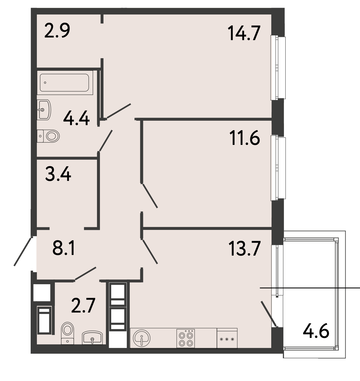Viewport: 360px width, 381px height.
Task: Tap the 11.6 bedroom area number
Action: (244, 138)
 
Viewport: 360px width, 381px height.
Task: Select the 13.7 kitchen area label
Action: (244, 248)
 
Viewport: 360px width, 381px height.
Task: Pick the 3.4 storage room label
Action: (58, 174)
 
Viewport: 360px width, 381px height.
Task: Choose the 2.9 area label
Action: (57, 30)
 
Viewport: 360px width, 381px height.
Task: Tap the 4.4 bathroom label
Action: (76, 118)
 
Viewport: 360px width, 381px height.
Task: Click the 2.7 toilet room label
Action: (83, 306)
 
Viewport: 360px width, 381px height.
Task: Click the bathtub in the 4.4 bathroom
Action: (65, 83)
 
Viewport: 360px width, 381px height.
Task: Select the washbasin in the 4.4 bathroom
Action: (44, 110)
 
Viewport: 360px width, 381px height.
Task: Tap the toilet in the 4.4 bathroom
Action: (48, 136)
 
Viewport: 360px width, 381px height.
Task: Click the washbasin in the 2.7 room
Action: (92, 338)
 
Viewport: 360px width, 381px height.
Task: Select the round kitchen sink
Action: (142, 338)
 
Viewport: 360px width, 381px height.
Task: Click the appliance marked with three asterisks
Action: (227, 338)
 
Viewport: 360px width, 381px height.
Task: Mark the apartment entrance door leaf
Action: (22, 251)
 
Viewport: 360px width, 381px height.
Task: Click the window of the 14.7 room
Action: (278, 68)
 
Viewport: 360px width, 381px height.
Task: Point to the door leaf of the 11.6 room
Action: (150, 196)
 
